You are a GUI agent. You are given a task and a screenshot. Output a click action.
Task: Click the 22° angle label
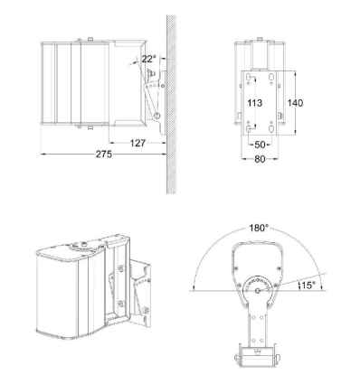pos(148,60)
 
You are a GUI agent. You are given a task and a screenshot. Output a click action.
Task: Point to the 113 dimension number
pos(255,103)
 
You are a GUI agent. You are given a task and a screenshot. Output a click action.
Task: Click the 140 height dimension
pos(295,103)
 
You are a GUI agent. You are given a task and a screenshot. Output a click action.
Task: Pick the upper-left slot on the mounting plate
pos(245,76)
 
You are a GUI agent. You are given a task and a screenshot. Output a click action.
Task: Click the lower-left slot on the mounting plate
pos(245,127)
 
